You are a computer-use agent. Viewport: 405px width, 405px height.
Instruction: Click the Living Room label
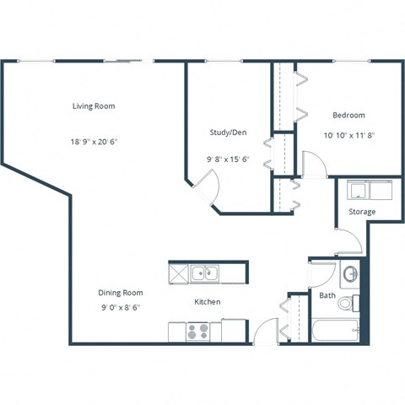(x=93, y=106)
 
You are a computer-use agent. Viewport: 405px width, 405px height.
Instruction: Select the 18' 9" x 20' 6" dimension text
(x=93, y=143)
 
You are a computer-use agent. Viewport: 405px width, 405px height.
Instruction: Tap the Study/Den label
(x=228, y=132)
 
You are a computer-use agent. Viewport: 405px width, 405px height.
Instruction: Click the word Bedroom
(x=348, y=115)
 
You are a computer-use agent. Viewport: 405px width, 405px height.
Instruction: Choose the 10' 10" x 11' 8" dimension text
(x=348, y=133)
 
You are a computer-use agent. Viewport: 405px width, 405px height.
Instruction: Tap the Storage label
(x=362, y=212)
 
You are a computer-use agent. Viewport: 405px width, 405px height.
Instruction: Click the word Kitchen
(x=208, y=301)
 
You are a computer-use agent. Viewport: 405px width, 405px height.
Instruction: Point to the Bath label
(x=327, y=295)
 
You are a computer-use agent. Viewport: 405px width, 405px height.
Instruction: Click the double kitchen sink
(x=203, y=273)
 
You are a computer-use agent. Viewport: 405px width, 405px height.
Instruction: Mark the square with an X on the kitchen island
(x=178, y=273)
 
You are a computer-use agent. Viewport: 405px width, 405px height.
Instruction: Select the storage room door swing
(x=349, y=241)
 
